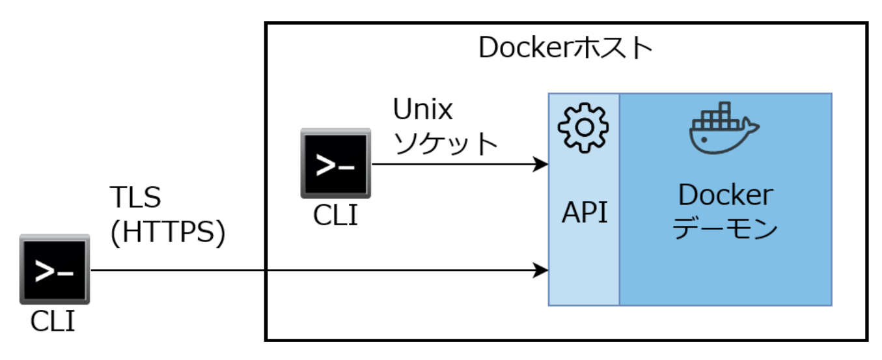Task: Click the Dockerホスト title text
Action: pyautogui.click(x=565, y=49)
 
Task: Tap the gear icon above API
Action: pyautogui.click(x=583, y=128)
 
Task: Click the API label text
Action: pyautogui.click(x=585, y=213)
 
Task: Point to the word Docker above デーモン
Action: pyautogui.click(x=725, y=195)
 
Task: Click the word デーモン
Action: pyautogui.click(x=724, y=229)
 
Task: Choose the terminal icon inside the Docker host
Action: pyautogui.click(x=335, y=163)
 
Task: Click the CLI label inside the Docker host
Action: pyautogui.click(x=335, y=215)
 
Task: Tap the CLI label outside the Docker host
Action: pyautogui.click(x=53, y=322)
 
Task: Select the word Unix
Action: pyautogui.click(x=422, y=110)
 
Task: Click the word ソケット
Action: pyautogui.click(x=445, y=144)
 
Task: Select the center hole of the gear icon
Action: pyautogui.click(x=583, y=128)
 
